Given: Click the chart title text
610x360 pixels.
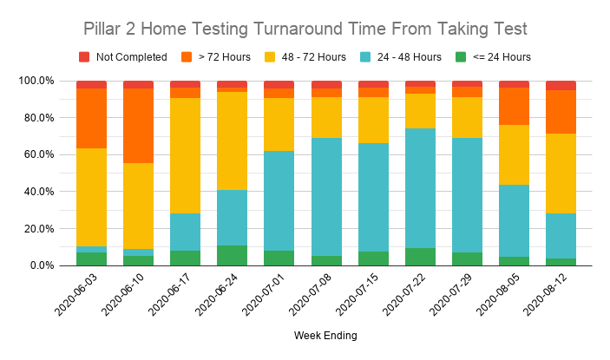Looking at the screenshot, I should point(305,29).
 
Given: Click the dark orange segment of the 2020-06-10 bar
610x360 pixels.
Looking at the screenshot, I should point(138,126).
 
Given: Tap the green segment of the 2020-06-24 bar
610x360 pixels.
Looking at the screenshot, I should point(232,255).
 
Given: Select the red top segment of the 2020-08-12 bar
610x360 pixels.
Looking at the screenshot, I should point(561,85).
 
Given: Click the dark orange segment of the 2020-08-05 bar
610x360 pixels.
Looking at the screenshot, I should point(514,106).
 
